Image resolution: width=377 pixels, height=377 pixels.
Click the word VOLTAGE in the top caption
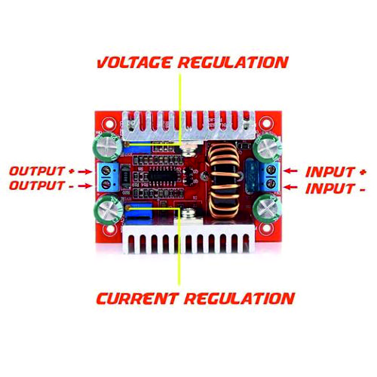135,63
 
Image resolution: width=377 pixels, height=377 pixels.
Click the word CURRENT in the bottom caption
136,299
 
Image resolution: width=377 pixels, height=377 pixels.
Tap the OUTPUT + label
41,171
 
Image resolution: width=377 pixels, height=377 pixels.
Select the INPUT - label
336,188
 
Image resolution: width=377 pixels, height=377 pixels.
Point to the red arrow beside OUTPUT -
85,186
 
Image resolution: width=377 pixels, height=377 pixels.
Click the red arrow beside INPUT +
291,171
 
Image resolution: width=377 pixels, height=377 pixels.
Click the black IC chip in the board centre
162,175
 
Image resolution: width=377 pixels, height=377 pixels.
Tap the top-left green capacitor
108,146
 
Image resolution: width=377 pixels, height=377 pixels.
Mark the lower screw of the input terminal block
271,183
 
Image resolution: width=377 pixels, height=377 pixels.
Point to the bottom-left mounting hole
109,229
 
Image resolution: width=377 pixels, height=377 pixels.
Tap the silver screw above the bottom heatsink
188,214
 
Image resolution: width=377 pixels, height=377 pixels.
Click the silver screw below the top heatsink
189,150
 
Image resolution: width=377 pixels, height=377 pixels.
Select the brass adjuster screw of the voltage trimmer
127,144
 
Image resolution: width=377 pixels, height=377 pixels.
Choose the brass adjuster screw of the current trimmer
128,208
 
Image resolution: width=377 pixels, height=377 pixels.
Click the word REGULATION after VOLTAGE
233,63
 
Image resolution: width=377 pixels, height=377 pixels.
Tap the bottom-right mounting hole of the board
268,229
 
